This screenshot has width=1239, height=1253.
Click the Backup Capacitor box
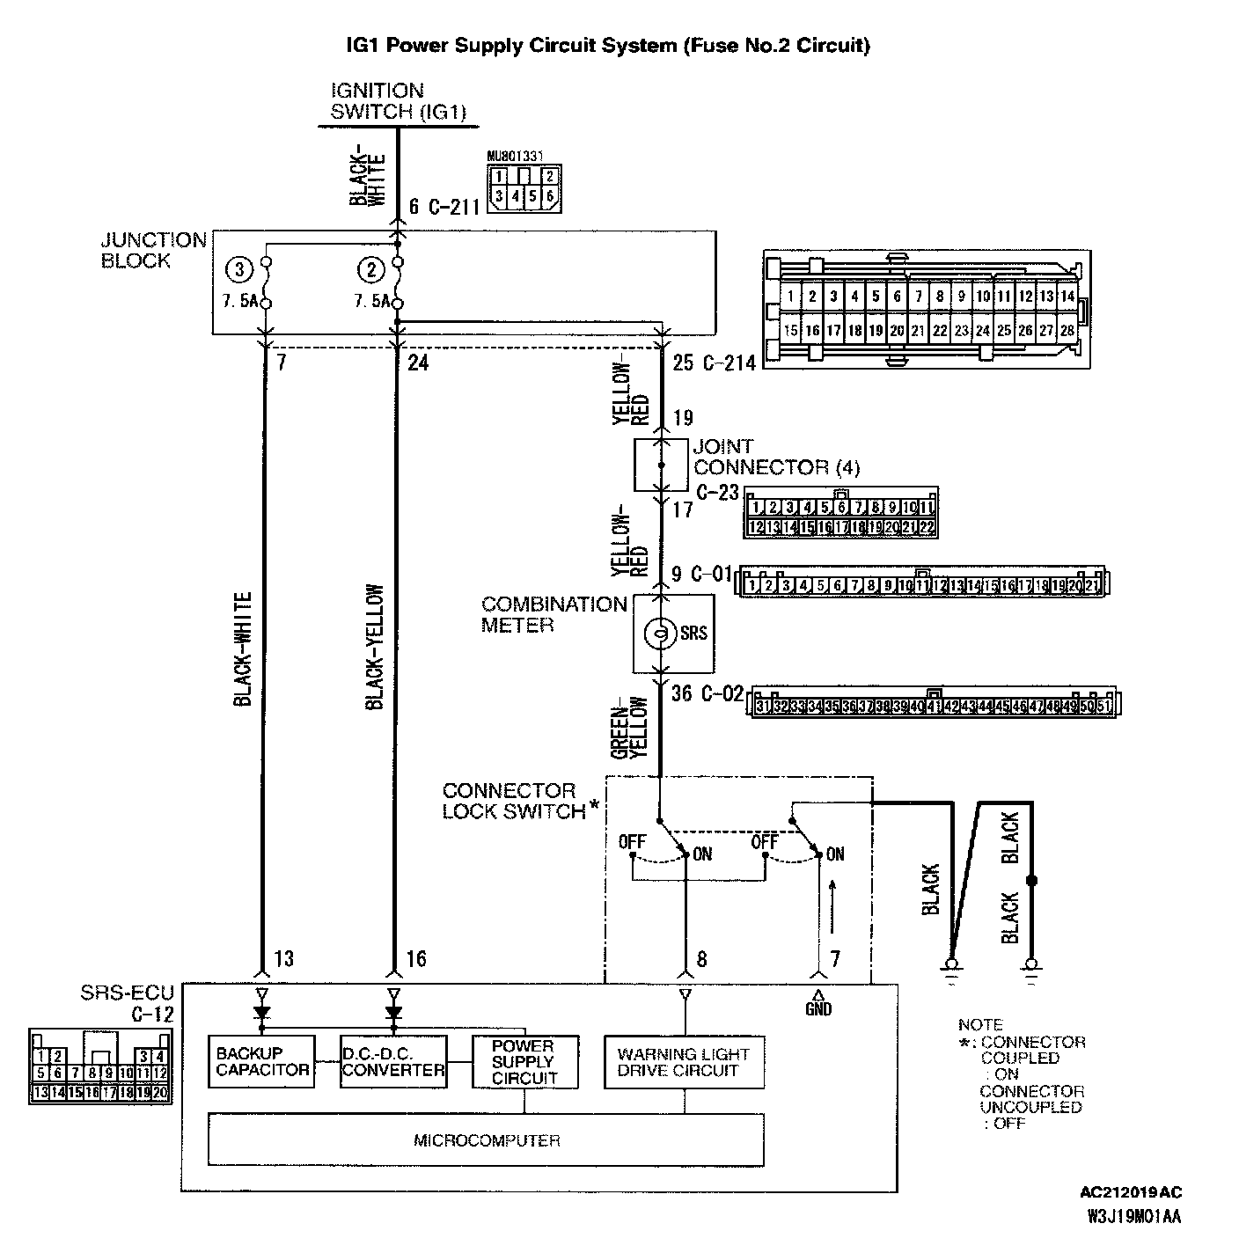261,1061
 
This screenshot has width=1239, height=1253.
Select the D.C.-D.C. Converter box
393,1061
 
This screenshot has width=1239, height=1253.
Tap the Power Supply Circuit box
524,1061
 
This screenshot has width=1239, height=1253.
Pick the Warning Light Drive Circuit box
684,1062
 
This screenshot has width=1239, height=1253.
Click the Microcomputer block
486,1140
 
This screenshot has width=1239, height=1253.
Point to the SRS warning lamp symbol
657,633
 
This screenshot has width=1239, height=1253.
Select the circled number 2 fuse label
370,268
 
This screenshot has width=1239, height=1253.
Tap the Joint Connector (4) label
776,457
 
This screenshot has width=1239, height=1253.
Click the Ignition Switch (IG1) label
397,101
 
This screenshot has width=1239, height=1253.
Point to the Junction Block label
153,251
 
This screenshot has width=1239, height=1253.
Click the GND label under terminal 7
818,1009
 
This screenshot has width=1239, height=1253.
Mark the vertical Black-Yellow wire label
375,647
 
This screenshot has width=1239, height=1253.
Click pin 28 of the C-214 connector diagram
1067,331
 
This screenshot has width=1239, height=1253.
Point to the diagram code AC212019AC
1131,1193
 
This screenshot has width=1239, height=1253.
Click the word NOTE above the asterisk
980,1025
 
